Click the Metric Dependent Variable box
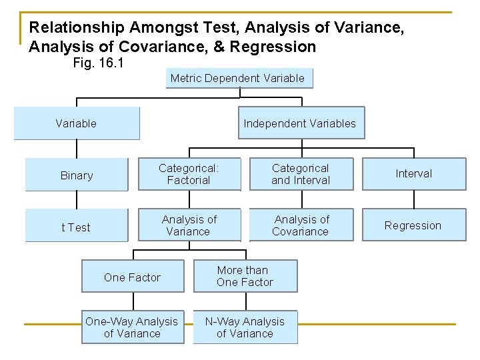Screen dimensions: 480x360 tap(237, 79)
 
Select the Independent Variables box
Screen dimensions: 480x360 tap(300, 123)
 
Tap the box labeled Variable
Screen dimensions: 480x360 tap(76, 123)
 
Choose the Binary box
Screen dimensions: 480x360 tap(76, 175)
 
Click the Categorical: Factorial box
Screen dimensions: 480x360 tap(189, 174)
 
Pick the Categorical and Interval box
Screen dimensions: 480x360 tap(301, 174)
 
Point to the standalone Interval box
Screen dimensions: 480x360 tap(413, 174)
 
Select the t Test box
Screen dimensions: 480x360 tap(76, 227)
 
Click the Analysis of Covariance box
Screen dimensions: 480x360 tap(301, 225)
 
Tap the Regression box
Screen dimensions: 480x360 tap(413, 225)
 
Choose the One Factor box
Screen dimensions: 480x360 tap(132, 277)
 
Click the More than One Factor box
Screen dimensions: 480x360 tap(245, 276)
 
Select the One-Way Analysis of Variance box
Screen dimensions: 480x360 tap(132, 327)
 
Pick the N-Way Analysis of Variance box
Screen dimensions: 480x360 tap(245, 327)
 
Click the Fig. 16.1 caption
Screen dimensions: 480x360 tap(97, 64)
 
